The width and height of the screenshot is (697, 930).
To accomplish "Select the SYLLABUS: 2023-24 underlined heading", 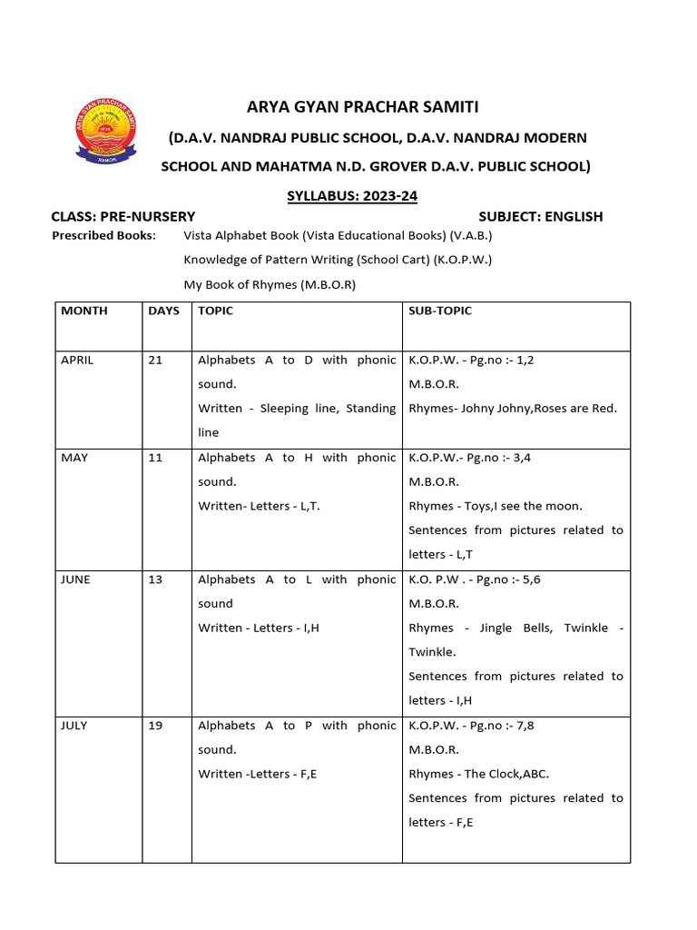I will pyautogui.click(x=352, y=195).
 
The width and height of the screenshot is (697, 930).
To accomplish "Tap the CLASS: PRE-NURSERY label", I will pyautogui.click(x=123, y=216).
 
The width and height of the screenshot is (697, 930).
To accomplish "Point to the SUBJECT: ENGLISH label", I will pyautogui.click(x=540, y=216).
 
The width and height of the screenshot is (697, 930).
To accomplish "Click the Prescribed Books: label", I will pyautogui.click(x=103, y=235).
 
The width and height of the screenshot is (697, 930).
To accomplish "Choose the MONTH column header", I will pyautogui.click(x=83, y=311).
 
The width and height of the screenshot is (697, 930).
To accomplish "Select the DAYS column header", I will pyautogui.click(x=163, y=311).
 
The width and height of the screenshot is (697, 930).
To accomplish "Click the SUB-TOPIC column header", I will pyautogui.click(x=440, y=311).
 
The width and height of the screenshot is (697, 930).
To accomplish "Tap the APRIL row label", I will pyautogui.click(x=77, y=360).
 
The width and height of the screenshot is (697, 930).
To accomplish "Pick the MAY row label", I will pyautogui.click(x=74, y=458).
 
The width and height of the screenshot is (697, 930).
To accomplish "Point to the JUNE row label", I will pyautogui.click(x=75, y=579).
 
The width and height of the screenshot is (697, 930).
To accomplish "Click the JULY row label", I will pyautogui.click(x=74, y=726).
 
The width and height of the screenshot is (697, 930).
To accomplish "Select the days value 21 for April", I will pyautogui.click(x=155, y=360).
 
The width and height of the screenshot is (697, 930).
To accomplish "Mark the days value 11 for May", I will pyautogui.click(x=155, y=458).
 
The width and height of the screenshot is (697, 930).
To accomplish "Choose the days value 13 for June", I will pyautogui.click(x=155, y=579).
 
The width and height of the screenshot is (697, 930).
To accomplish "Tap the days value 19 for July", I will pyautogui.click(x=155, y=726).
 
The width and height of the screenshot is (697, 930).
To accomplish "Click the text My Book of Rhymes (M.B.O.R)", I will pyautogui.click(x=270, y=284).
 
